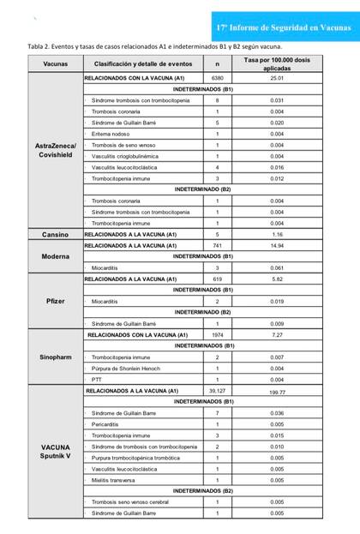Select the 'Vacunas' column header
click(x=55, y=64)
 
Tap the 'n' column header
click(x=217, y=64)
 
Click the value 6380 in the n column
click(x=217, y=78)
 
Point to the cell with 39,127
click(x=217, y=390)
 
